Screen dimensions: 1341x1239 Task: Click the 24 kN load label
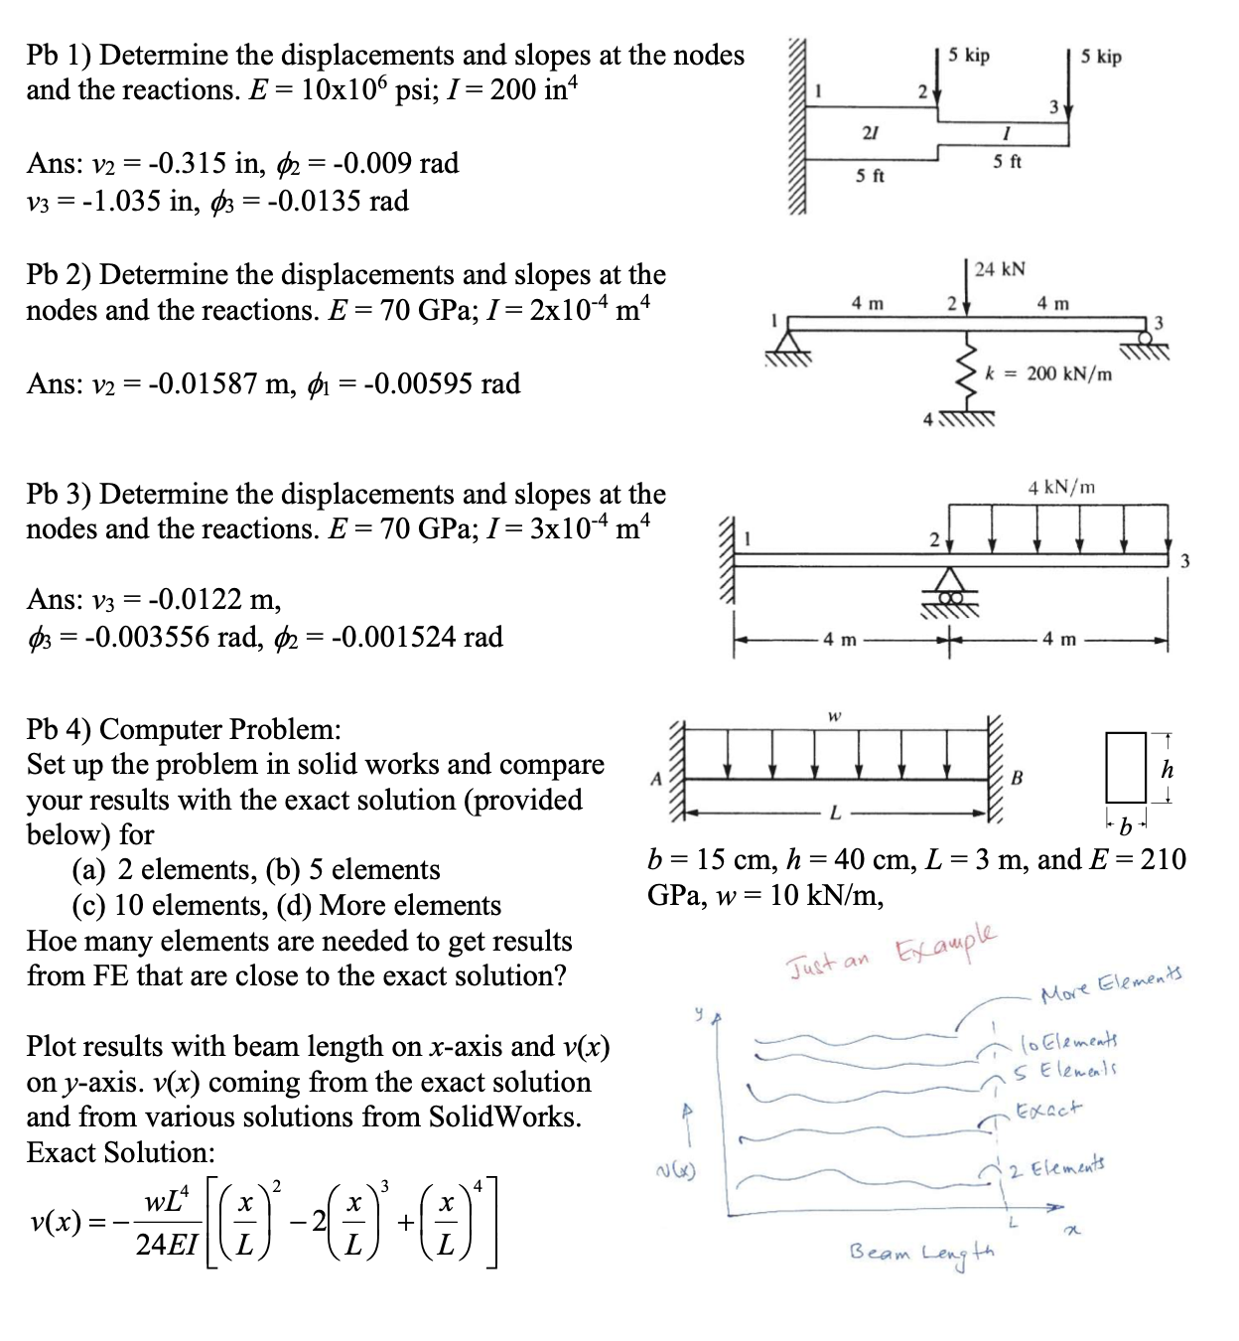[x=1000, y=269]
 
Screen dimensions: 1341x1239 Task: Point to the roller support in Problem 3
[x=950, y=588]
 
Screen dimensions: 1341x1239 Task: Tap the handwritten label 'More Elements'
[x=1112, y=982]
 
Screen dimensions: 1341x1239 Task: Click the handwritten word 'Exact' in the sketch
[x=1050, y=1109]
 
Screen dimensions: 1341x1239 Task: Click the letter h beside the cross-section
[x=1168, y=769]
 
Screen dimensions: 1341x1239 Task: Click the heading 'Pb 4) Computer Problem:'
[x=184, y=729]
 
